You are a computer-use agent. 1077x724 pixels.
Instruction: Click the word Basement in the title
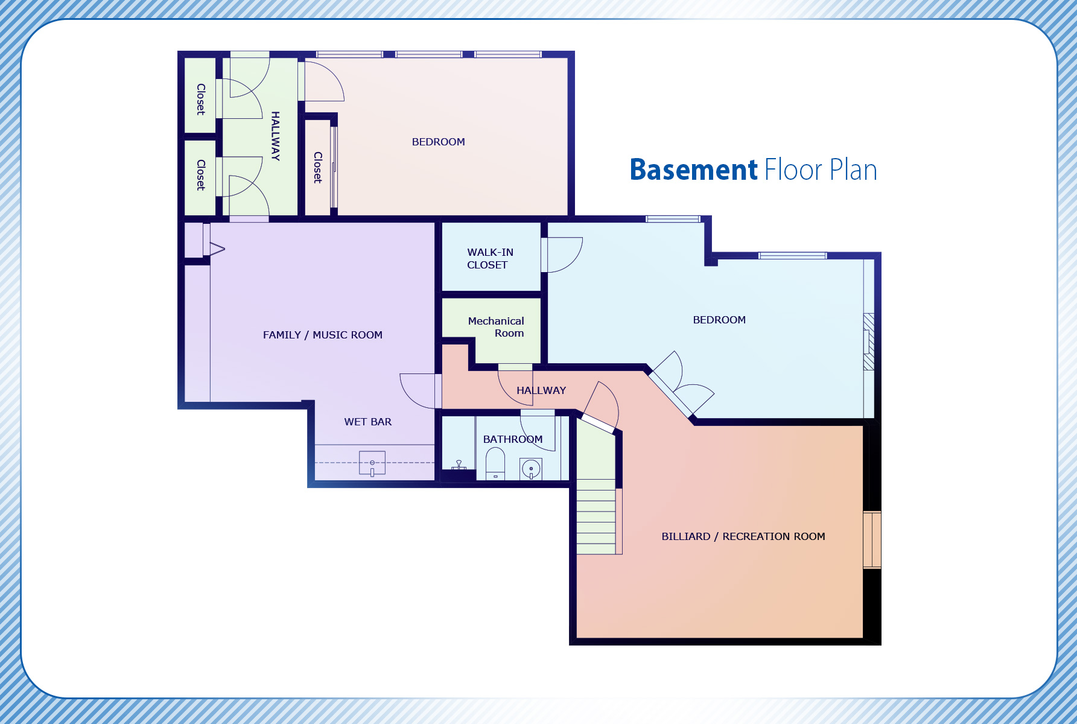(693, 170)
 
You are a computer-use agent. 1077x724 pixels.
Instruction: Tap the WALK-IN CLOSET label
(490, 258)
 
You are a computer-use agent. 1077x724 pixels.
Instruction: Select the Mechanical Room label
(496, 327)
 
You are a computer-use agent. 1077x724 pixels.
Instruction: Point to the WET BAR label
(368, 422)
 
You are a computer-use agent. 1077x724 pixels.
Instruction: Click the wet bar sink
(372, 463)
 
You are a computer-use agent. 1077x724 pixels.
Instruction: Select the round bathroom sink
(531, 469)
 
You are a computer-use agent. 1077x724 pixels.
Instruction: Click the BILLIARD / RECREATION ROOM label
(743, 536)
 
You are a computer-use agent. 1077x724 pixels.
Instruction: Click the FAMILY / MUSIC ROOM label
(323, 335)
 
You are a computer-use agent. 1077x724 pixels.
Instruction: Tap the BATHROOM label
(513, 439)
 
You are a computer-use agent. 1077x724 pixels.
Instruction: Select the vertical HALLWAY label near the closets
(275, 136)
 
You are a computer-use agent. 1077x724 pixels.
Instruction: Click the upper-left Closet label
(201, 99)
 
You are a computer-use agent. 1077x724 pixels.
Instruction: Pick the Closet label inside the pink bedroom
(317, 167)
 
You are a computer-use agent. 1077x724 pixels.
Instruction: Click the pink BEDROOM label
(439, 142)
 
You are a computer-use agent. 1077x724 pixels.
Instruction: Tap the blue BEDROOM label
(719, 320)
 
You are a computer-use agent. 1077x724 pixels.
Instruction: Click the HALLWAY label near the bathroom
(541, 390)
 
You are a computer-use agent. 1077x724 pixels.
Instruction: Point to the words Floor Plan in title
(821, 170)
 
